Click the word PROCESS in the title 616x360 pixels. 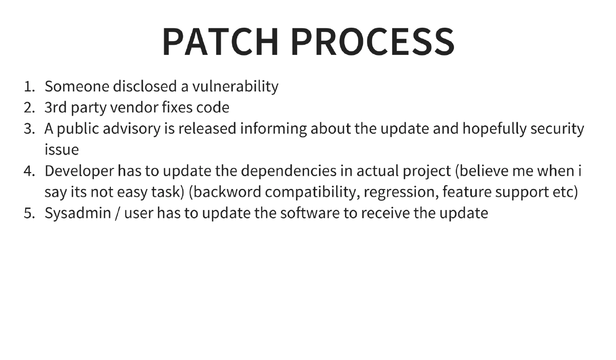(373, 42)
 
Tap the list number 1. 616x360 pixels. (29, 86)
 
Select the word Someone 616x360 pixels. (76, 86)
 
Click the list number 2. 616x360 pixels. (29, 108)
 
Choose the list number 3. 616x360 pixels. (29, 129)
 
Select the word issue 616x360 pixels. (61, 150)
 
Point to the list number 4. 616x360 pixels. (29, 171)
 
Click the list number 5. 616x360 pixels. (29, 213)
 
